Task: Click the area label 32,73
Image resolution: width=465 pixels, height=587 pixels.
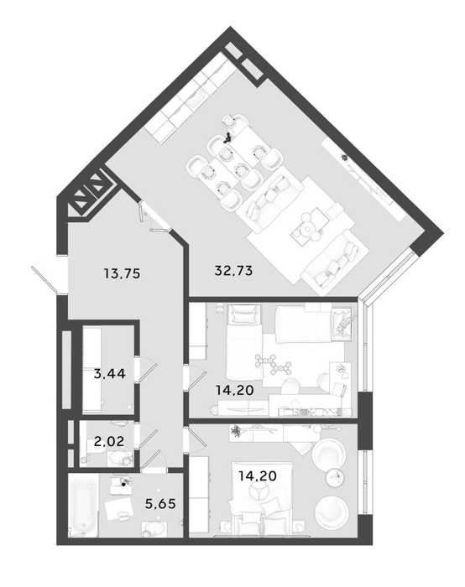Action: [233, 270]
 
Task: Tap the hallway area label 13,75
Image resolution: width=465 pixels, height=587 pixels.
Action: [122, 273]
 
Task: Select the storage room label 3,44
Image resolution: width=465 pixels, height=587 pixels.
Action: [109, 374]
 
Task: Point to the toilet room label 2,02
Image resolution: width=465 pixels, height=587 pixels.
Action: [109, 441]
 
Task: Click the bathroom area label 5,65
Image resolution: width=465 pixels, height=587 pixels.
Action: [160, 503]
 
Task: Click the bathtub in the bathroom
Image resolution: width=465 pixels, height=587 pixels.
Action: [84, 506]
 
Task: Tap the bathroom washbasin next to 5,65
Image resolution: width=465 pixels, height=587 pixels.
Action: [154, 529]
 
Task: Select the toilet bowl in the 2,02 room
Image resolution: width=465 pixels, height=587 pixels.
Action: [119, 459]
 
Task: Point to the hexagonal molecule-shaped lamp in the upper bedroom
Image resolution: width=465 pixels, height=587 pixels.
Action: [273, 364]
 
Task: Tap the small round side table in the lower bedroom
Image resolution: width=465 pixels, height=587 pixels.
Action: [334, 476]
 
